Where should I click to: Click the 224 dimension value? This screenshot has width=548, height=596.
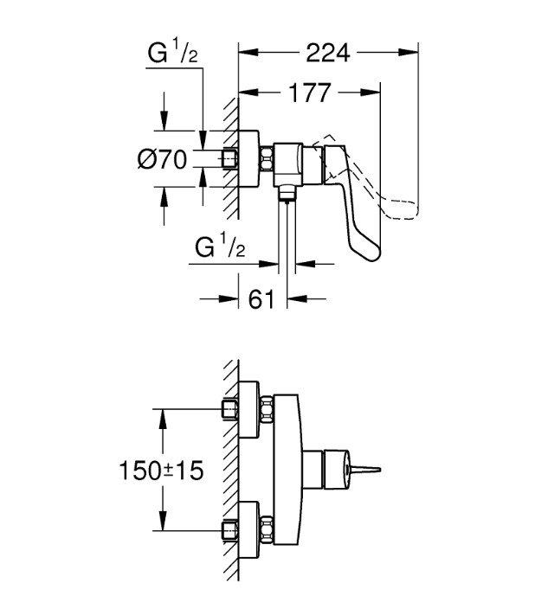click(x=328, y=53)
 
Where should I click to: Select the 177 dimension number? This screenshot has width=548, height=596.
click(x=310, y=93)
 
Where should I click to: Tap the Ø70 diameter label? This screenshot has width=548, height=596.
click(x=163, y=159)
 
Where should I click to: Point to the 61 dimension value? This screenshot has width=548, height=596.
click(x=261, y=298)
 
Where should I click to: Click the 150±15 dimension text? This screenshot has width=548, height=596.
click(x=162, y=471)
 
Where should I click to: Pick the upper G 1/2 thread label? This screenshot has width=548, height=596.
click(x=173, y=53)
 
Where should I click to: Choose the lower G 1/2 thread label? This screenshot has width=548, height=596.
click(x=220, y=247)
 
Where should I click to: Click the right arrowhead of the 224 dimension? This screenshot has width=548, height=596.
click(x=409, y=52)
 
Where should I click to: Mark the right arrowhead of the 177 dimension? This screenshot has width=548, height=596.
click(x=371, y=93)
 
